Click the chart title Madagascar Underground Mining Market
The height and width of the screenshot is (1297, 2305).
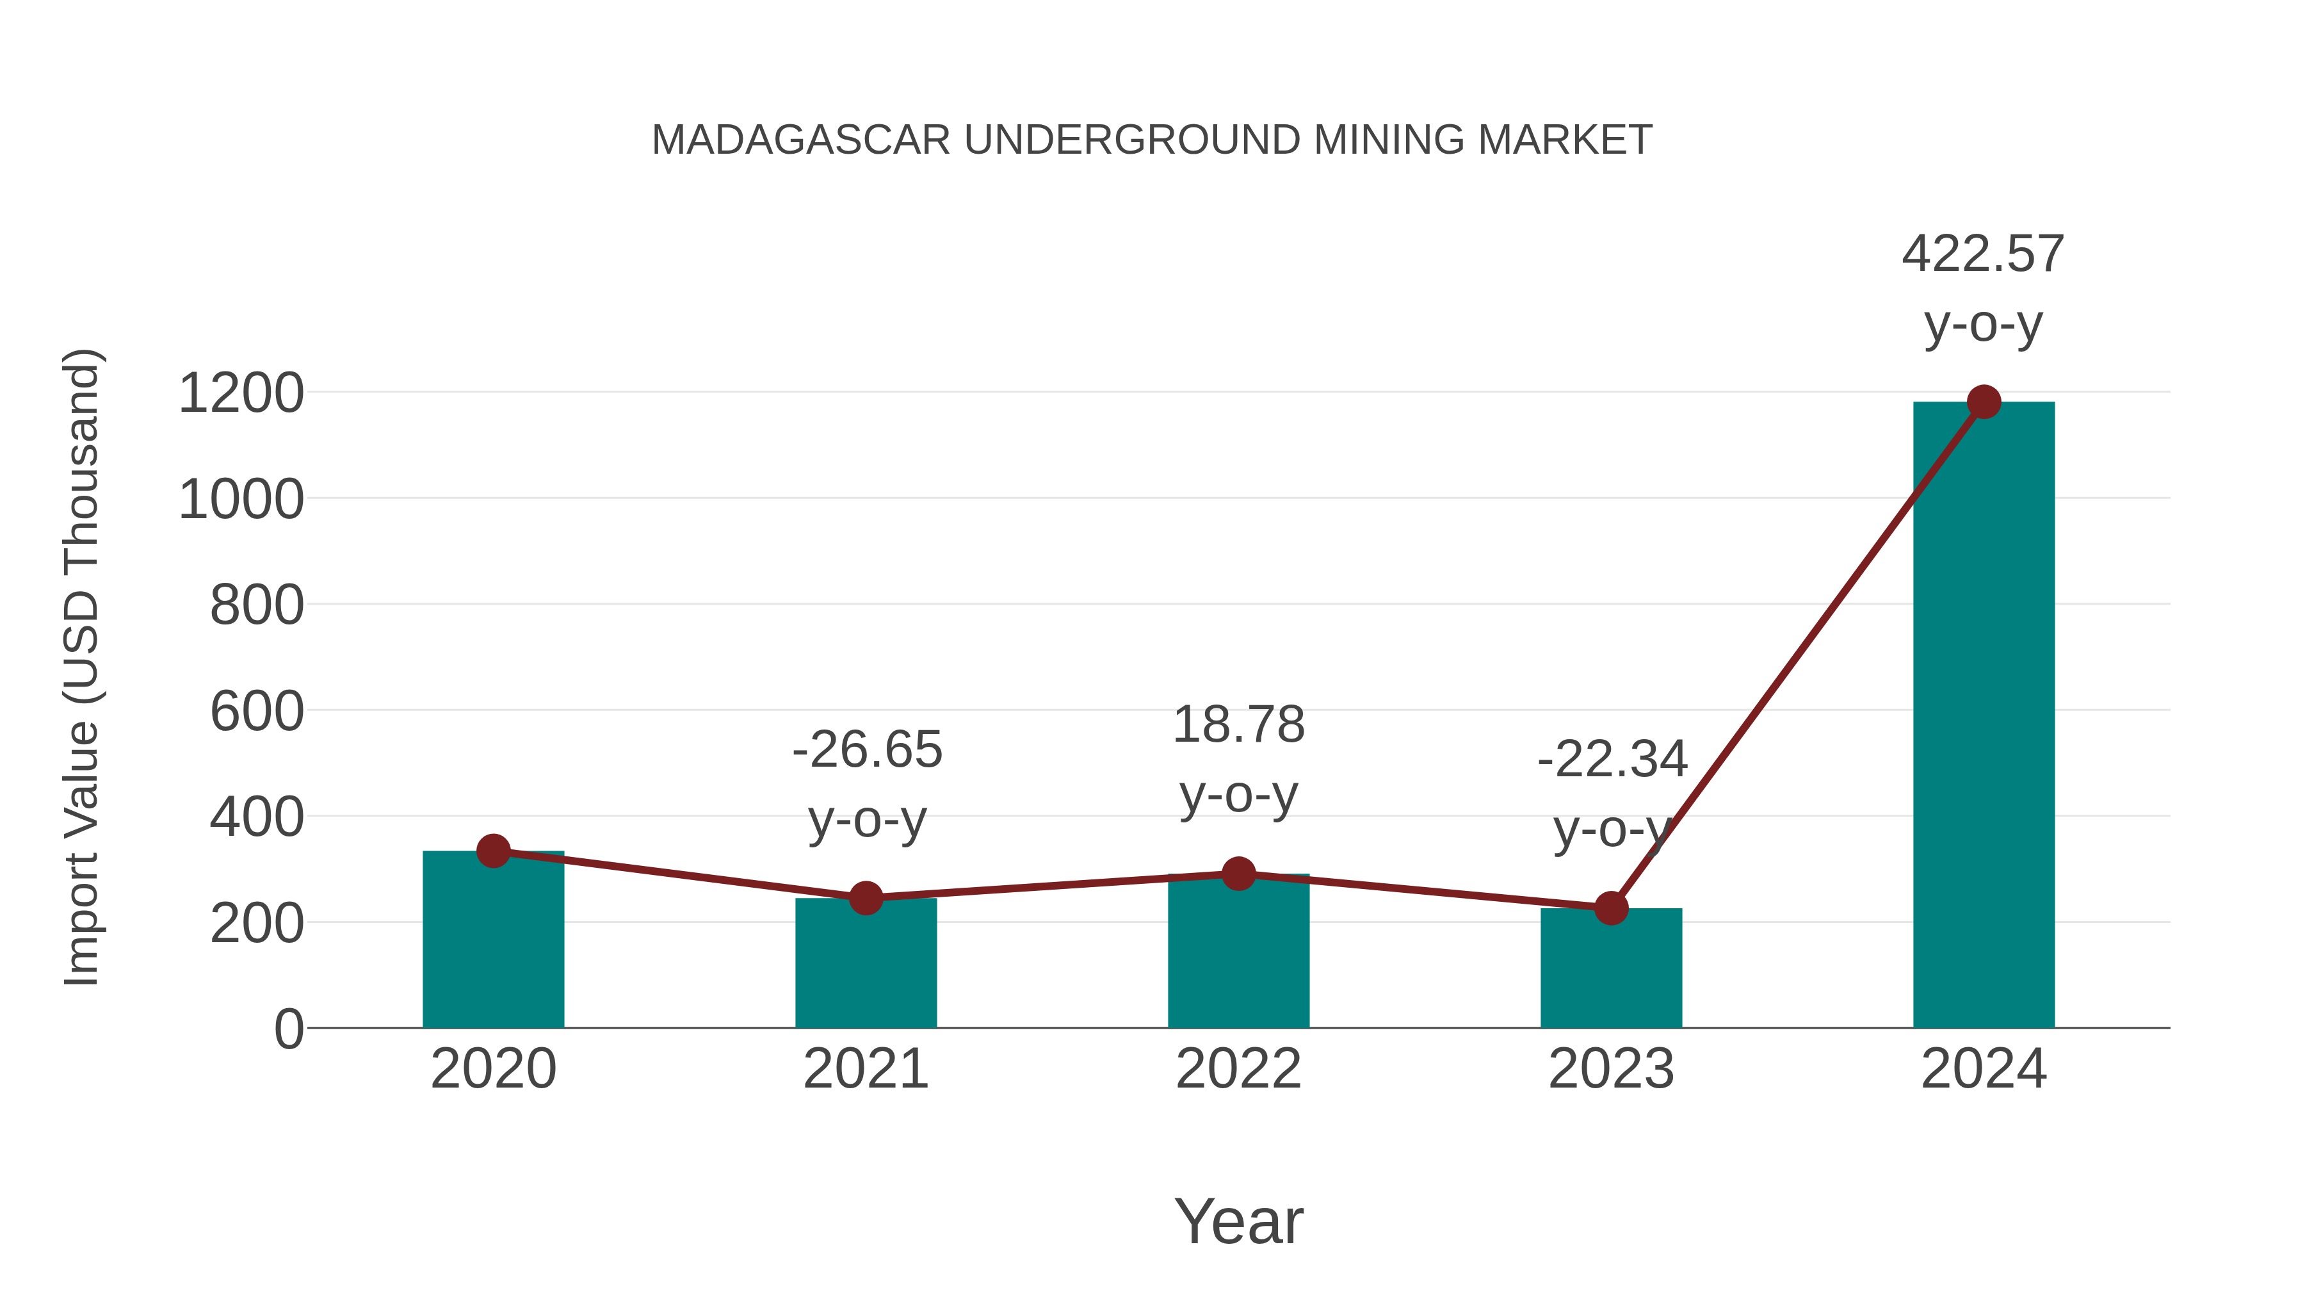tap(1152, 140)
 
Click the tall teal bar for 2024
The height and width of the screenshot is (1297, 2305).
tap(1984, 716)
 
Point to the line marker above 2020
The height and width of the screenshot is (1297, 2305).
tap(493, 851)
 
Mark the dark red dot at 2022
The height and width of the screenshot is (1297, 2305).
tap(1238, 874)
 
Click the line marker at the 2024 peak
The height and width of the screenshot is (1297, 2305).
tap(1984, 402)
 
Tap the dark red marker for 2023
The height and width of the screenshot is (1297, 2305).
tap(1611, 908)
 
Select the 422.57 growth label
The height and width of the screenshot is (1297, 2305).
tap(1983, 254)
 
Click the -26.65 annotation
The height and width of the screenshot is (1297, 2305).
tap(867, 750)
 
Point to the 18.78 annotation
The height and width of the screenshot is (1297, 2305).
tap(1238, 725)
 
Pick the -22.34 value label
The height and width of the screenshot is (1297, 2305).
tap(1612, 760)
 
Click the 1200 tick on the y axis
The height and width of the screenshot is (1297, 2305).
tap(241, 394)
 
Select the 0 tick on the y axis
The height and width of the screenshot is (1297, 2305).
tap(289, 1029)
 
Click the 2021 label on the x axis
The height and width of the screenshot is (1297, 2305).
tap(865, 1070)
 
